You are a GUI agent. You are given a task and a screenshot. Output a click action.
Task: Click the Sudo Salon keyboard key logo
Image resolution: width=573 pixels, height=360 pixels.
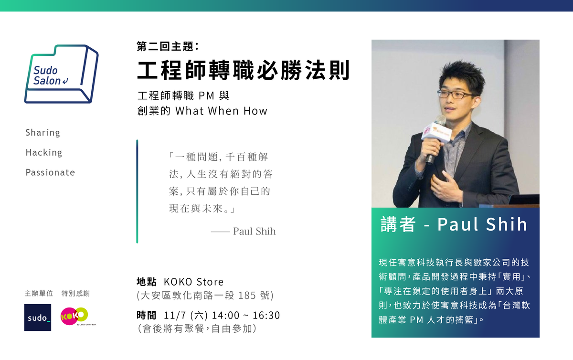(62, 74)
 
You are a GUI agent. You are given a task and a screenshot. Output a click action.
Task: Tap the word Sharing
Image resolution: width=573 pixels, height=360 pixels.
(42, 133)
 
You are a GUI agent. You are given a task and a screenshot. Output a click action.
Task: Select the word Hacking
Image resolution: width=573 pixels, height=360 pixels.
(44, 152)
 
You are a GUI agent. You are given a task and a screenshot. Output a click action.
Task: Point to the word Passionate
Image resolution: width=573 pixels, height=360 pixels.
(50, 172)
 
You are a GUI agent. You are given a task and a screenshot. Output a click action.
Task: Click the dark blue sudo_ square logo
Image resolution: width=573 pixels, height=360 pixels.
(38, 318)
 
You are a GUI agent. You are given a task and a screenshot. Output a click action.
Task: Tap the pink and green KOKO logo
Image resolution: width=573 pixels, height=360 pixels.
(74, 316)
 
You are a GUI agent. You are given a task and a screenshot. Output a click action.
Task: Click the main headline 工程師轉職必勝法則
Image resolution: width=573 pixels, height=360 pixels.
(244, 70)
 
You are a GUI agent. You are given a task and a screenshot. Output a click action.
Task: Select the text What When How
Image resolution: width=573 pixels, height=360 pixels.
(221, 111)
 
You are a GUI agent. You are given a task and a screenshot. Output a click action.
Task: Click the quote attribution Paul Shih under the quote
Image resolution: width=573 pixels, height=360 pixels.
(254, 231)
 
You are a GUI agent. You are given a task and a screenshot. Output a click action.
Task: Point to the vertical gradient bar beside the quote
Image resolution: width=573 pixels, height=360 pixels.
(137, 191)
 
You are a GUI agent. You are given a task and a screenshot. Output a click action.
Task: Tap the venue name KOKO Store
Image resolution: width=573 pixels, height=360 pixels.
(194, 282)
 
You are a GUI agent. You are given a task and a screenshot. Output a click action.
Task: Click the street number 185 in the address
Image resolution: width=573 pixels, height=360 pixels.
(247, 296)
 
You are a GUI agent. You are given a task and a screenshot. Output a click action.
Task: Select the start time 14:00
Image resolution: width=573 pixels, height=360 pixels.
(227, 316)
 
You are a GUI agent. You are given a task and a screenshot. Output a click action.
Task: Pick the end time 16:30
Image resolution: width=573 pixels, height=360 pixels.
(266, 316)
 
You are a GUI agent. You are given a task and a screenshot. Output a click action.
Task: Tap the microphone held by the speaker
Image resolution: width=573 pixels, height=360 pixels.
(435, 138)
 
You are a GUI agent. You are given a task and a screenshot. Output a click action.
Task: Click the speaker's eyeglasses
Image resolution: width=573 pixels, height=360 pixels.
(454, 95)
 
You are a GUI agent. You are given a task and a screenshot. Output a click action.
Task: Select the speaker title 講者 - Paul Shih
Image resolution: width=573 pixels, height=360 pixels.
(454, 224)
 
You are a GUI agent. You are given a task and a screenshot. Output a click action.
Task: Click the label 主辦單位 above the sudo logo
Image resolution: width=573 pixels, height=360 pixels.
(39, 294)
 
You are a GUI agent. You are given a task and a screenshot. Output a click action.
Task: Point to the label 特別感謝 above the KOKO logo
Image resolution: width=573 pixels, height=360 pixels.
(76, 294)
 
